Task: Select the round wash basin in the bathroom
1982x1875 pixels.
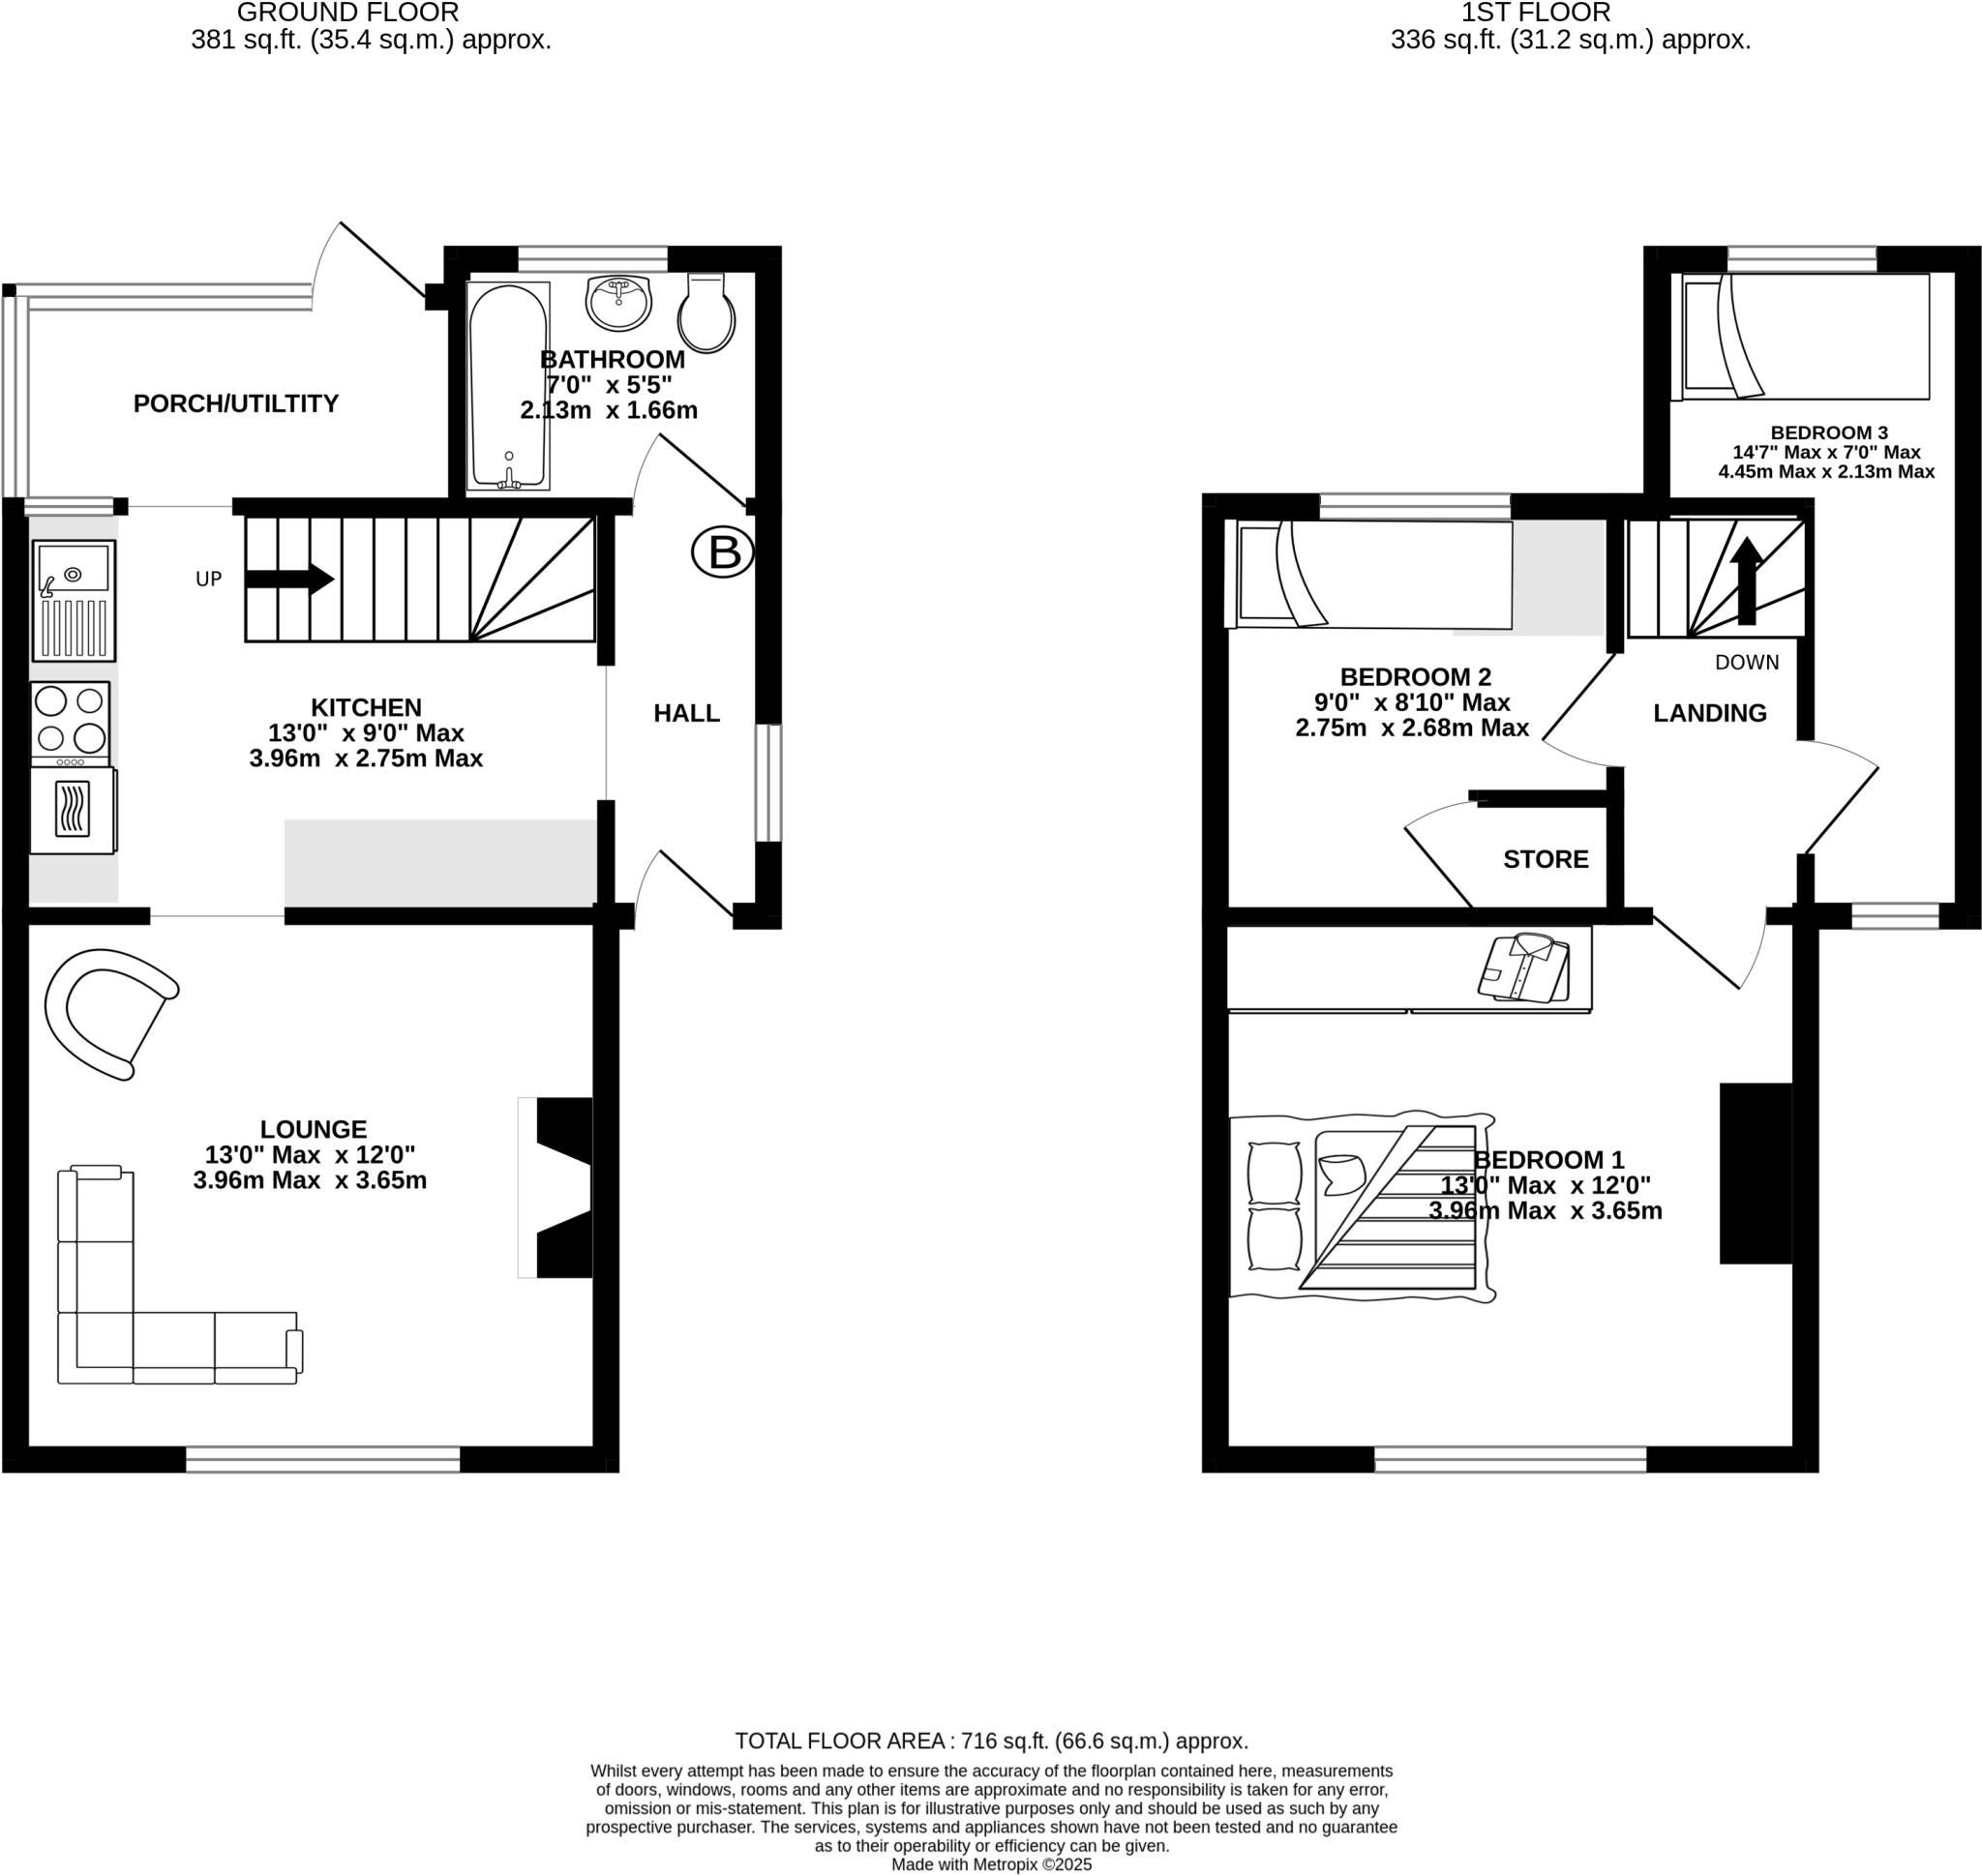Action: point(618,302)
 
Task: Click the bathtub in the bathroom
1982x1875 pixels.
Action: point(509,386)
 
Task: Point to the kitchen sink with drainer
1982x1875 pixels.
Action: point(74,600)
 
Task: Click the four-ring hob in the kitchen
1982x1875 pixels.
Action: point(70,720)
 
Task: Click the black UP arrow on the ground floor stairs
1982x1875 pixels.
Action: point(287,579)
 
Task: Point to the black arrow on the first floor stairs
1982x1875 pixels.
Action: point(1747,580)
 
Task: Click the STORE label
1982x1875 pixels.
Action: point(1546,858)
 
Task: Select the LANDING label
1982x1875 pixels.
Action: point(1709,713)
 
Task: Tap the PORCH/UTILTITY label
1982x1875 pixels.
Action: point(236,402)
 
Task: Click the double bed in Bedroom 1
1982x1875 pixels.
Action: point(1362,1207)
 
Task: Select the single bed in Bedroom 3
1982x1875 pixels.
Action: point(1804,337)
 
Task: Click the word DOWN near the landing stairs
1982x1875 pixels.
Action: point(1746,662)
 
